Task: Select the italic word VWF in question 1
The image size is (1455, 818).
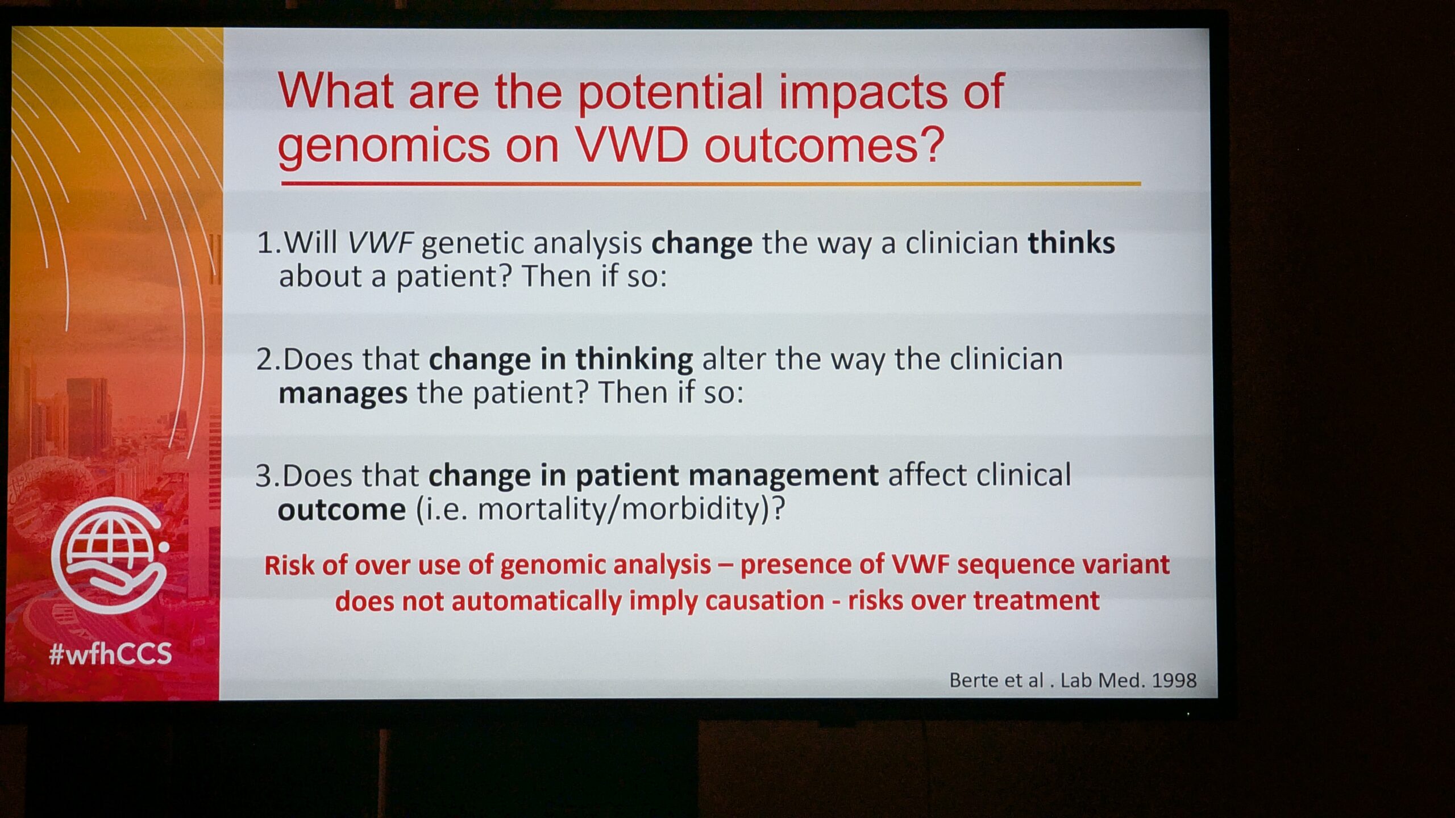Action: click(x=380, y=243)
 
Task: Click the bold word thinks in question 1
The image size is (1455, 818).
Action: click(x=1071, y=243)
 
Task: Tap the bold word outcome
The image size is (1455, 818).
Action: click(x=342, y=509)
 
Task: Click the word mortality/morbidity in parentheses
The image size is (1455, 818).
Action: click(x=619, y=509)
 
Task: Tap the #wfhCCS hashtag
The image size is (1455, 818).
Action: click(x=110, y=654)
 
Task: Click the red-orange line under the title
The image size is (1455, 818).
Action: click(x=711, y=183)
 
